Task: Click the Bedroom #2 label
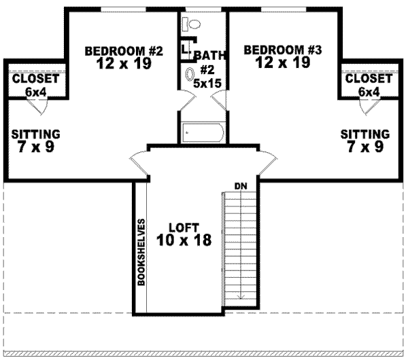pos(124,56)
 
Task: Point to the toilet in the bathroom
pos(191,24)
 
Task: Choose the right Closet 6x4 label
pos(368,84)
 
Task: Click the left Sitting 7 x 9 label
pos(36,140)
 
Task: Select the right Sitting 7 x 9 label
pos(365,140)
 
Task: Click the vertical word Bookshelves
pos(142,252)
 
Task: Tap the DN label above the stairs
pos(239,185)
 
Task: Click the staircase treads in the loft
pos(239,245)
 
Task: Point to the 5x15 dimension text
pos(206,84)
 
